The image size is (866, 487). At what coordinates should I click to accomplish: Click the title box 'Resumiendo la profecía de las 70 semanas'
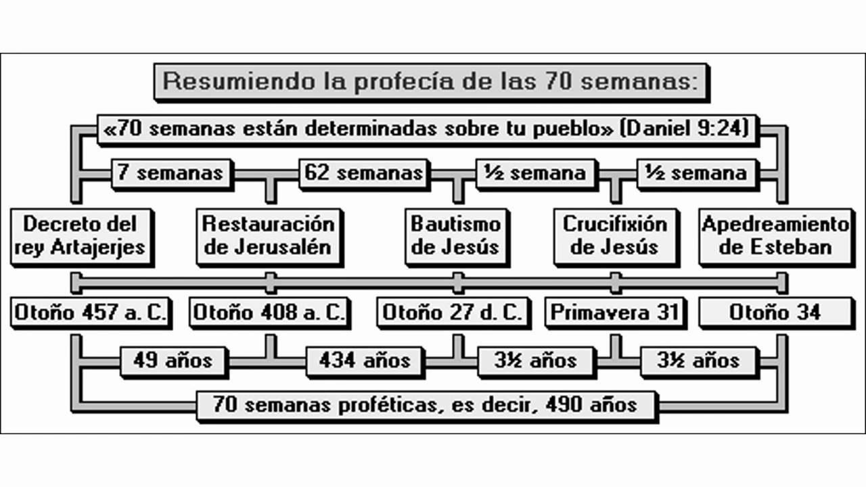[431, 82]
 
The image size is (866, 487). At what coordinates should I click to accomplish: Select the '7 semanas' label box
[170, 172]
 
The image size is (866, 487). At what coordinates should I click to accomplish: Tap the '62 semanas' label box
[364, 172]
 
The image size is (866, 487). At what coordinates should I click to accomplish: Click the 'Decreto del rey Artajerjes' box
[80, 235]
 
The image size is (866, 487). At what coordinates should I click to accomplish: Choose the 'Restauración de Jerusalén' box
[269, 235]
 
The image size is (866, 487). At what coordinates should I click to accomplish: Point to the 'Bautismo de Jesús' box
[456, 235]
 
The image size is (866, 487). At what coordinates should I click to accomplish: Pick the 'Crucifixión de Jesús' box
[614, 235]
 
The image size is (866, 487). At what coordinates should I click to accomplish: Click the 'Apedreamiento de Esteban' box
[775, 235]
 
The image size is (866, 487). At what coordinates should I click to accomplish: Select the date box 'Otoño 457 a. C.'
[90, 312]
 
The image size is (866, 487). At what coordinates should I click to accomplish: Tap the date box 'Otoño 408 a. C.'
[269, 312]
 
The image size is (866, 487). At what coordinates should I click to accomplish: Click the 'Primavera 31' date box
[614, 312]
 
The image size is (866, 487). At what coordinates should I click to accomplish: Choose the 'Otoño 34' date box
[775, 312]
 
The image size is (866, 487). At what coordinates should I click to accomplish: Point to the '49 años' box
[173, 360]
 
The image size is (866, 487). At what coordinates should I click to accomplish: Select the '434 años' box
[365, 360]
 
